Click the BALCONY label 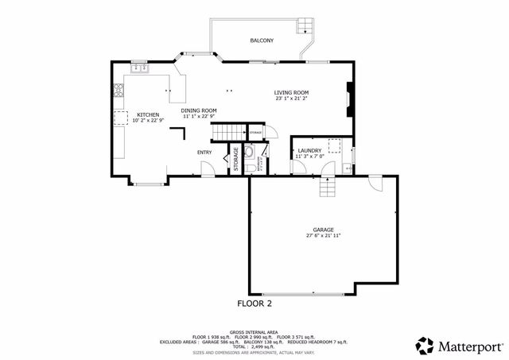262,41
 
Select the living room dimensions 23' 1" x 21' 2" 292,99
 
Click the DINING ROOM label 199,110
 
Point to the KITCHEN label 148,114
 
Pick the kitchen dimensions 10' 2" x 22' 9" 148,121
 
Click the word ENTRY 204,153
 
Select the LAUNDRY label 309,151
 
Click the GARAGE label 322,230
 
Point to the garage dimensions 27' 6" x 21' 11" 322,236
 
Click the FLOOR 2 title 254,304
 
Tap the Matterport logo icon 425,345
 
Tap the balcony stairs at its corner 305,26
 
